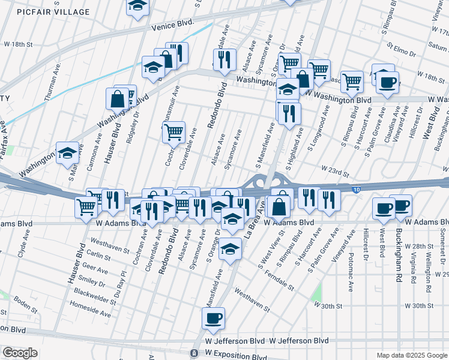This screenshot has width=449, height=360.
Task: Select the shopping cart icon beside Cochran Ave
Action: tap(173, 132)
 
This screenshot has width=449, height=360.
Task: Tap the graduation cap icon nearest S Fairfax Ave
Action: tap(68, 153)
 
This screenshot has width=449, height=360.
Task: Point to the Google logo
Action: tap(19, 353)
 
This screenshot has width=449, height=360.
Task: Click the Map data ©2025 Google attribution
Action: tap(412, 355)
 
